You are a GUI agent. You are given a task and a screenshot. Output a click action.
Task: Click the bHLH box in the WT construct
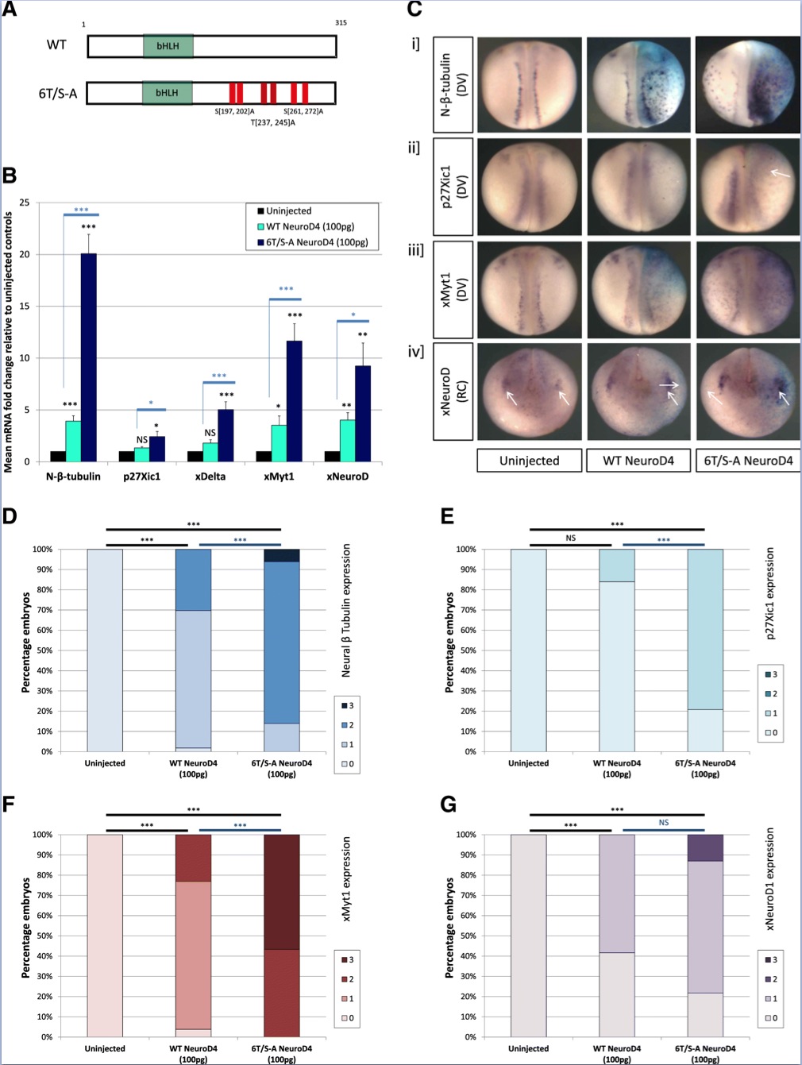[x=168, y=46]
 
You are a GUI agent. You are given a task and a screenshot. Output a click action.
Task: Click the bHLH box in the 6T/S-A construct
[x=167, y=93]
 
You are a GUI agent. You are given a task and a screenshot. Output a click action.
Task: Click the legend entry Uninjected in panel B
[x=288, y=211]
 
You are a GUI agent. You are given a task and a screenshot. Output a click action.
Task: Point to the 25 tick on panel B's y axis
[x=25, y=203]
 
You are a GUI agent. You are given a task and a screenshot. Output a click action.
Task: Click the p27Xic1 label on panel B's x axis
[x=141, y=477]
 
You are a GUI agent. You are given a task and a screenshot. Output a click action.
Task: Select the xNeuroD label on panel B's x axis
[x=347, y=477]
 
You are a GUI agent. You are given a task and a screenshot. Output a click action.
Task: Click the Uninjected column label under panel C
[x=529, y=461]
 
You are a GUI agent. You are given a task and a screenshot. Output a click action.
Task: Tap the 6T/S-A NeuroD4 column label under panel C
[x=748, y=461]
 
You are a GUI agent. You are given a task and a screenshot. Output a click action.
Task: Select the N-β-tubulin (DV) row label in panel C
[x=453, y=84]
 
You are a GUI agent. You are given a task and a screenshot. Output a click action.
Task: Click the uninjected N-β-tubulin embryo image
[x=530, y=84]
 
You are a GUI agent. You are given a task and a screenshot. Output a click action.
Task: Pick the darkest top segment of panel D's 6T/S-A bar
[x=282, y=555]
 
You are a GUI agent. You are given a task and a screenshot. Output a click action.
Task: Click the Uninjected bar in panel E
[x=528, y=650]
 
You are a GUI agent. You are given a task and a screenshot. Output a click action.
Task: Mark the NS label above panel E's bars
[x=571, y=538]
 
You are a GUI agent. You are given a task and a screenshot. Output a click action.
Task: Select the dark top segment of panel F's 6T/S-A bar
[x=282, y=891]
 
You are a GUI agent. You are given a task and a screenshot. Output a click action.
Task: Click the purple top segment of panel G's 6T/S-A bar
[x=705, y=847]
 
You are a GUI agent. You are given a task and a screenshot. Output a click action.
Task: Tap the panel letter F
[x=10, y=805]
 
